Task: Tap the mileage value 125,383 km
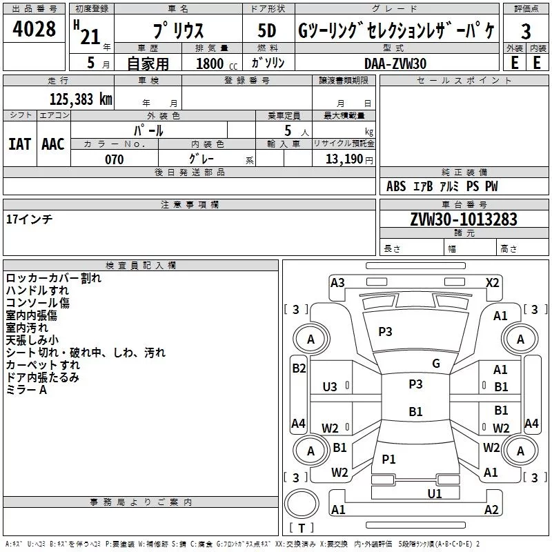pos(81,99)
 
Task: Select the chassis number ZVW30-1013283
pos(464,219)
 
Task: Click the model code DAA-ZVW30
pos(395,63)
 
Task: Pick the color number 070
pos(114,159)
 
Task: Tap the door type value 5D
pos(266,32)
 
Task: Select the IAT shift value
pos(19,144)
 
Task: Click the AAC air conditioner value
pos(53,144)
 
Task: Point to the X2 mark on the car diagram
pos(493,282)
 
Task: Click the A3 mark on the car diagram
pos(337,282)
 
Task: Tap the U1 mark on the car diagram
pos(434,493)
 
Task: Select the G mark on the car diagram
pos(436,363)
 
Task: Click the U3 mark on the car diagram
pos(331,387)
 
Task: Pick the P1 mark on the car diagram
pos(389,459)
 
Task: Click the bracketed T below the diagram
pos(302,528)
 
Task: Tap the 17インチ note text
pos(29,219)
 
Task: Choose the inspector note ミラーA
pos(26,390)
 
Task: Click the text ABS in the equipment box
pos(396,186)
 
